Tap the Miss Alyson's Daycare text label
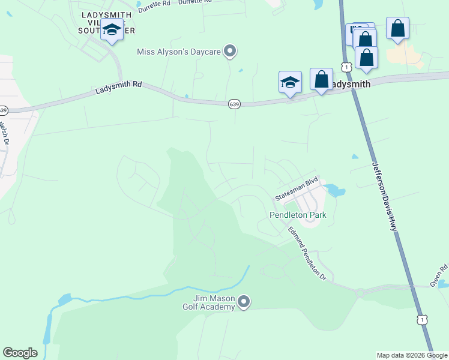tap(179, 52)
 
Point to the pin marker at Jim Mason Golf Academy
tap(243, 302)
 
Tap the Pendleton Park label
tap(297, 215)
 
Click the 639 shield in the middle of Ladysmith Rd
tap(234, 104)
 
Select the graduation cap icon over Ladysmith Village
tap(112, 30)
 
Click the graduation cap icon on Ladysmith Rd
tap(290, 82)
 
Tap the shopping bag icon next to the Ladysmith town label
tap(321, 79)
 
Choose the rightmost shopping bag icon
tap(397, 28)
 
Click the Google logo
tap(20, 353)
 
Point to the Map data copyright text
tap(412, 355)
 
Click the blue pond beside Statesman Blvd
tap(335, 191)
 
